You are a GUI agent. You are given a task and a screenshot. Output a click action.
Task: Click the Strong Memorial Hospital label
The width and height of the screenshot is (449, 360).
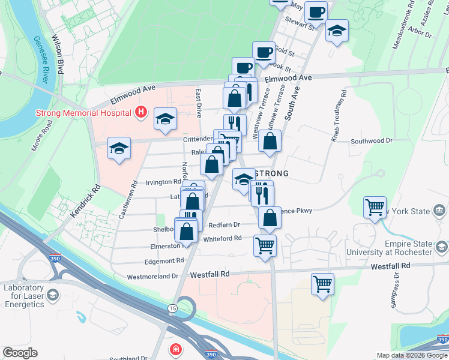(x=83, y=112)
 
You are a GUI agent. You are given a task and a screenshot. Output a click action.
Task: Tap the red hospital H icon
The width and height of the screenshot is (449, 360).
(x=140, y=112)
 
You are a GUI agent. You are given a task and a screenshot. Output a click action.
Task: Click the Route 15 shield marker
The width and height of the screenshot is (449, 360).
(x=172, y=308)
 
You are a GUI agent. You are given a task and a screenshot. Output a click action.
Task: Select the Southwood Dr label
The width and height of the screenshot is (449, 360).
(x=371, y=140)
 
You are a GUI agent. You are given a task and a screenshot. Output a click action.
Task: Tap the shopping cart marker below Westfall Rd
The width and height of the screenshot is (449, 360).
(x=323, y=284)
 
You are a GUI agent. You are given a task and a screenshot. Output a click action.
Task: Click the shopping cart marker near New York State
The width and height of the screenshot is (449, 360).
(x=375, y=208)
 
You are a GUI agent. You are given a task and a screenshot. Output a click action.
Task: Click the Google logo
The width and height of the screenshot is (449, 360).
(x=20, y=353)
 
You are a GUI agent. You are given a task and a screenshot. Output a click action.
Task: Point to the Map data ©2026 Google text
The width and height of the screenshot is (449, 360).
(x=412, y=355)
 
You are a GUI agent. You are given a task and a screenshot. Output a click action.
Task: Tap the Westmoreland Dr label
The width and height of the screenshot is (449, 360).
(x=153, y=277)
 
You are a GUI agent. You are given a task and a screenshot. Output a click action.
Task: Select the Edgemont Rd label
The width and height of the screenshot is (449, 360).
(x=164, y=261)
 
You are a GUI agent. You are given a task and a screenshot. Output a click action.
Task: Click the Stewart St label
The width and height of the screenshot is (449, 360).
(x=300, y=26)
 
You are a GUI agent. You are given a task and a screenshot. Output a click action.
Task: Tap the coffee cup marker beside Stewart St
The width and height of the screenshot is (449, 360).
(x=315, y=12)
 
